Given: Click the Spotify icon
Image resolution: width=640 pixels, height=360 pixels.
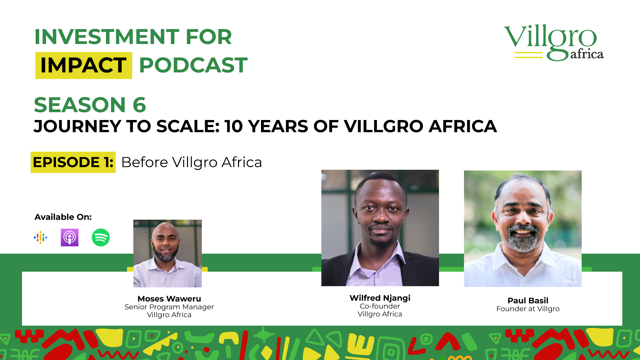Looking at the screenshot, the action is click(101, 237).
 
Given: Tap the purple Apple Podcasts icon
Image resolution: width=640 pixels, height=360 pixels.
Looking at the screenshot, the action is click(70, 237).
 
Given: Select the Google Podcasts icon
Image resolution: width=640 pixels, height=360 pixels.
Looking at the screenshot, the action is click(40, 237).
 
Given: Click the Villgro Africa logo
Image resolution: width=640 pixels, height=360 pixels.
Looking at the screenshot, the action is click(554, 42).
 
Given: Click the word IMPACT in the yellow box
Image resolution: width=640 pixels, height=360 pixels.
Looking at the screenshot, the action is click(83, 65).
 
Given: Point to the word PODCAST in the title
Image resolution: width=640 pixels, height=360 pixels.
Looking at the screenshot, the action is click(193, 65).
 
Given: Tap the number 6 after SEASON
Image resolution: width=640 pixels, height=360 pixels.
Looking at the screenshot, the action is click(139, 105).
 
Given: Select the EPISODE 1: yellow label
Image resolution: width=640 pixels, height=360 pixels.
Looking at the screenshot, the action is click(73, 162).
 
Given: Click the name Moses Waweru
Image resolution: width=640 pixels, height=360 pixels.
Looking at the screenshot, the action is click(169, 299).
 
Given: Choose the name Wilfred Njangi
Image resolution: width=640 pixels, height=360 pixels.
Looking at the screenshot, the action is click(380, 298).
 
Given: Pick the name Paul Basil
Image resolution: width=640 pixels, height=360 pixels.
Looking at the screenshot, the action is click(528, 300).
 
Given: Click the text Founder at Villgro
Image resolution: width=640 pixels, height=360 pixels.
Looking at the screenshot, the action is click(528, 309).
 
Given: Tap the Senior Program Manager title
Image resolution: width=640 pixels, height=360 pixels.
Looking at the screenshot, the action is click(169, 307).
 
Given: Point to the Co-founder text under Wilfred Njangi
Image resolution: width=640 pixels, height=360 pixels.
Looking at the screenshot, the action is click(380, 306).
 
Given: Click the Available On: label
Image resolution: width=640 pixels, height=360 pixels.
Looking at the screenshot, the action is click(63, 217).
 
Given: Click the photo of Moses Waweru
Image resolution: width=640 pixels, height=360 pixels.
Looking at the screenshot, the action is click(168, 253).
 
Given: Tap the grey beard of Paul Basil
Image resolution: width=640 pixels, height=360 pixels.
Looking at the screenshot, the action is click(523, 239).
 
